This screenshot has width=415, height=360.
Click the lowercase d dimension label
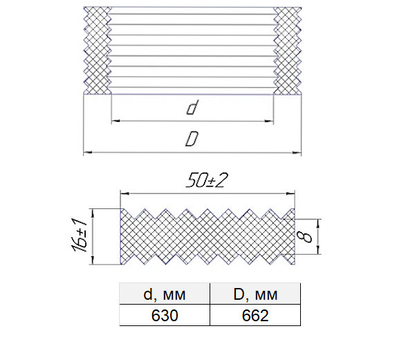click(x=192, y=107)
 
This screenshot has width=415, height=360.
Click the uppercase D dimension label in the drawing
click(x=192, y=139)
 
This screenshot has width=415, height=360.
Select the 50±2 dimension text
click(x=207, y=181)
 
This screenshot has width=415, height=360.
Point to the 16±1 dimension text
click(x=79, y=235)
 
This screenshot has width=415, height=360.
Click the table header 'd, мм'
click(x=165, y=294)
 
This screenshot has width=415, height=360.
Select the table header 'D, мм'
click(x=255, y=294)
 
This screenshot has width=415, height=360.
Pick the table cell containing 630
click(x=165, y=315)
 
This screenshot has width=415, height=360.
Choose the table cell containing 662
click(x=255, y=315)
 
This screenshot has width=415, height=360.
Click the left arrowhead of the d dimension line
click(x=116, y=121)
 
